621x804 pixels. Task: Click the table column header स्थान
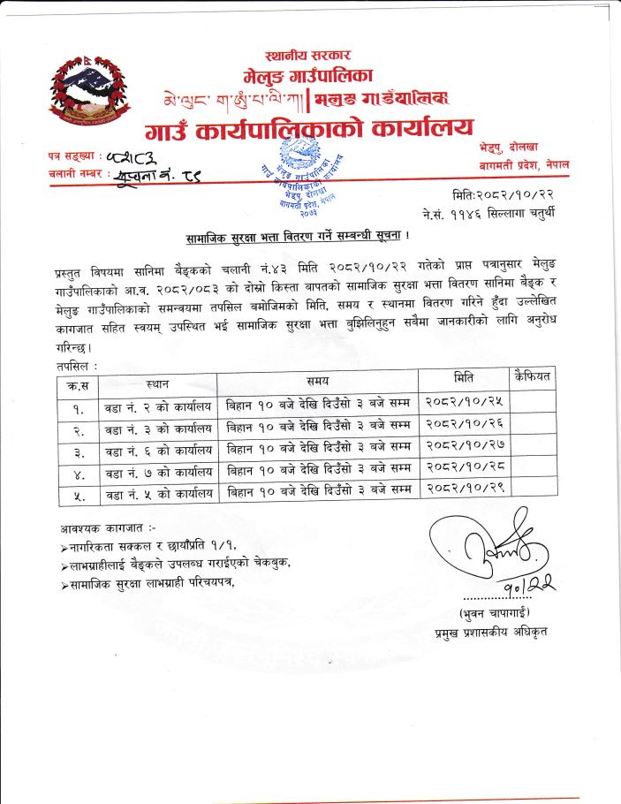pyautogui.click(x=157, y=384)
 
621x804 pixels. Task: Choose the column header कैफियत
pyautogui.click(x=532, y=377)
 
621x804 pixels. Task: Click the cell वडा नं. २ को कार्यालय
pyautogui.click(x=158, y=407)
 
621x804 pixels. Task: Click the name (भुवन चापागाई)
pyautogui.click(x=491, y=612)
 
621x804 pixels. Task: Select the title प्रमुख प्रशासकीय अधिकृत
pyautogui.click(x=491, y=632)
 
